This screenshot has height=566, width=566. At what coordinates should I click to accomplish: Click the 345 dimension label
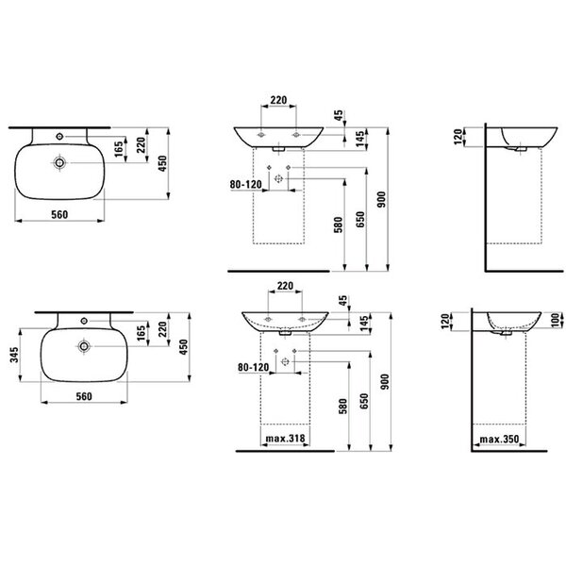pyautogui.click(x=14, y=355)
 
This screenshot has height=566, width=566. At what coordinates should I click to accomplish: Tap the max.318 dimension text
pyautogui.click(x=285, y=439)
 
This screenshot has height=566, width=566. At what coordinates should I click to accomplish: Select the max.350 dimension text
pyautogui.click(x=499, y=440)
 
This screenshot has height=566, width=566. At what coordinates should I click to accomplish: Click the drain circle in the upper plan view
pyautogui.click(x=59, y=163)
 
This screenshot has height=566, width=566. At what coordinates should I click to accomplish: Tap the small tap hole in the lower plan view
pyautogui.click(x=84, y=321)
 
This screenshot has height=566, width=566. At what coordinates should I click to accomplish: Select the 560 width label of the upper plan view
pyautogui.click(x=59, y=215)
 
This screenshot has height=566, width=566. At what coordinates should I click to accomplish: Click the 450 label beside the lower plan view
pyautogui.click(x=184, y=347)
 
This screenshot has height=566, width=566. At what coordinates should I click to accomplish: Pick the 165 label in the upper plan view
pyautogui.click(x=119, y=149)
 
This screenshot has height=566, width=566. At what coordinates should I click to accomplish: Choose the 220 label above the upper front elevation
pyautogui.click(x=278, y=100)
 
